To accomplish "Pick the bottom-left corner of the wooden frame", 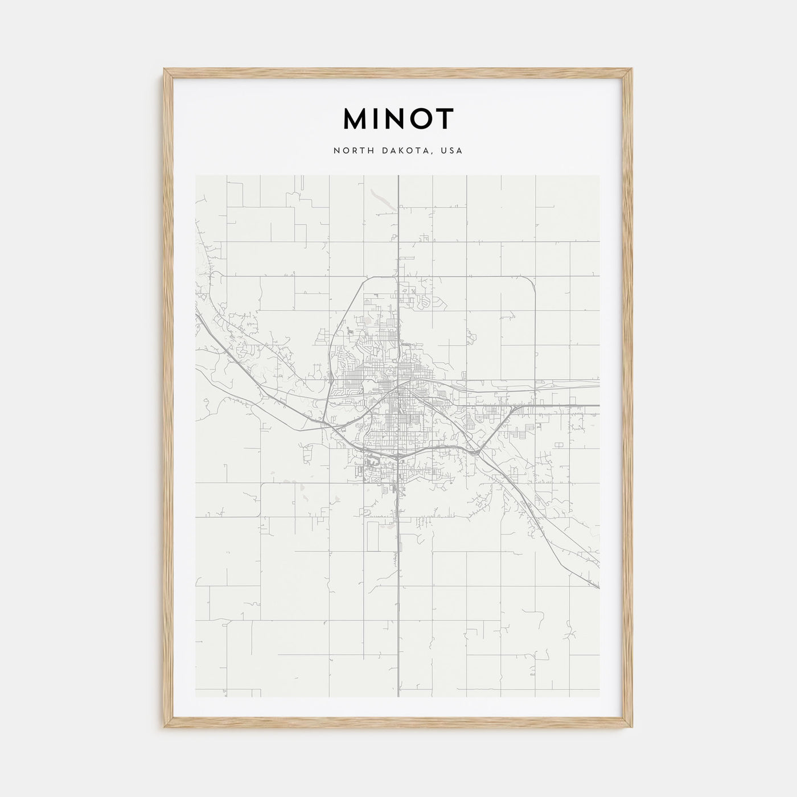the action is (166, 729).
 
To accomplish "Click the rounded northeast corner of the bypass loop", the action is (531, 281).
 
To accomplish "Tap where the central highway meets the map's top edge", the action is (398, 176).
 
